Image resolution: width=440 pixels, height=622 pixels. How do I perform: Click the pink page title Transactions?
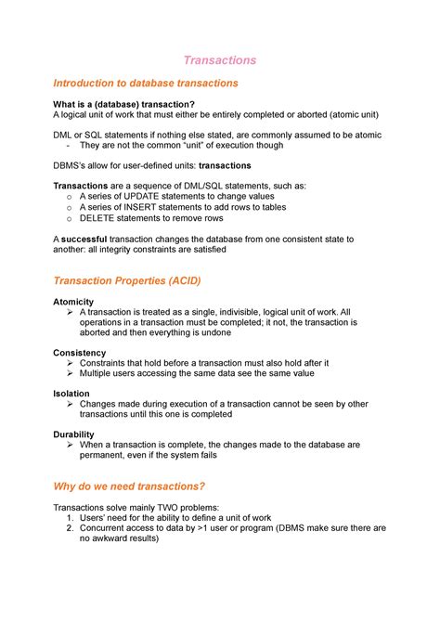click(220, 60)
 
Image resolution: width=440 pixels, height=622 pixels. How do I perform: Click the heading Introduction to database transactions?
click(146, 83)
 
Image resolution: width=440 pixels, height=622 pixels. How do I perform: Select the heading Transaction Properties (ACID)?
click(126, 280)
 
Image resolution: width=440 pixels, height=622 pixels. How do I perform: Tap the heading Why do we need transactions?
click(129, 486)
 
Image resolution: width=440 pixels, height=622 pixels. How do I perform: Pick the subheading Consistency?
click(80, 353)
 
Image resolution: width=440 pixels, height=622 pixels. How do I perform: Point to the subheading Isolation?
click(71, 394)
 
